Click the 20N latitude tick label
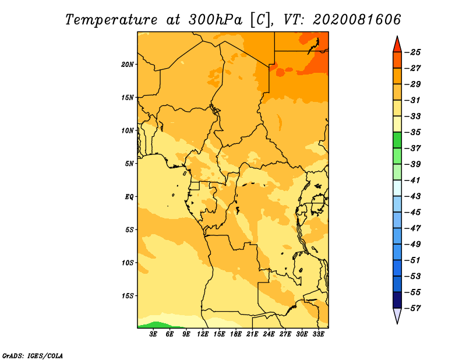click(x=128, y=65)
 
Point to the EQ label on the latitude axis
click(x=129, y=197)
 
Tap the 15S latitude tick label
click(x=128, y=296)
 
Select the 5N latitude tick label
click(x=129, y=164)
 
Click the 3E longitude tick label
click(x=153, y=334)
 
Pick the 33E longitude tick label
click(x=318, y=334)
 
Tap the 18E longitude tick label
click(x=236, y=334)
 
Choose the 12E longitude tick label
click(x=203, y=334)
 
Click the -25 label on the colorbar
click(x=412, y=52)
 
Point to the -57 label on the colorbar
click(x=412, y=308)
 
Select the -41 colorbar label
click(x=412, y=181)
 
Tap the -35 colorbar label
click(x=412, y=132)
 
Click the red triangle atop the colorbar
click(x=397, y=45)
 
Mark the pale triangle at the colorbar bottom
click(x=397, y=315)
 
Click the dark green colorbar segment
click(x=397, y=140)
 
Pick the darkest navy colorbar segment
click(x=397, y=300)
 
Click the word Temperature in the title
click(x=111, y=20)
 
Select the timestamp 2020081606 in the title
click(x=357, y=20)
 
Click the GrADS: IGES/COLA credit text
click(x=33, y=355)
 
